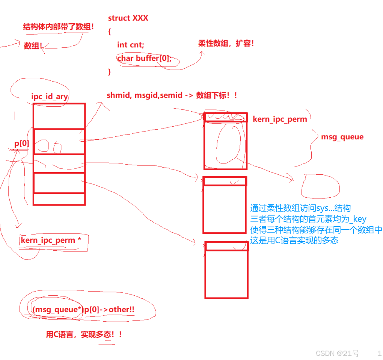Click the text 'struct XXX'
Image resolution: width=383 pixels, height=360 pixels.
(x=128, y=18)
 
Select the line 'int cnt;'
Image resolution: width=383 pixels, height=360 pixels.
(x=130, y=45)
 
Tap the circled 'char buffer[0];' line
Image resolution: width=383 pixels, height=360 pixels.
(x=144, y=58)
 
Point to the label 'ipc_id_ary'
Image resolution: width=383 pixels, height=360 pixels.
(x=50, y=97)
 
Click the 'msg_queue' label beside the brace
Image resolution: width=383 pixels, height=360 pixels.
(x=342, y=137)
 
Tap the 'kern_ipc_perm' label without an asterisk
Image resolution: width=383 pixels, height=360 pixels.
(x=280, y=119)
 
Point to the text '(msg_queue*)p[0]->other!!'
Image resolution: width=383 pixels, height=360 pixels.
(x=83, y=310)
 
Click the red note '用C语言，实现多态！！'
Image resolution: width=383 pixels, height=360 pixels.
(x=84, y=334)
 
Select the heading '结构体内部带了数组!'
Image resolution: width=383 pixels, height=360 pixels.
(x=58, y=27)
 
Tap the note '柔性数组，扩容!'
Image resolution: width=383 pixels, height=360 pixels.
(x=226, y=43)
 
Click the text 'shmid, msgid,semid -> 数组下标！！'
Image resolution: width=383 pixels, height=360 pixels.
(x=172, y=95)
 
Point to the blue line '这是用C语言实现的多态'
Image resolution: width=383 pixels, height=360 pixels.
(x=294, y=241)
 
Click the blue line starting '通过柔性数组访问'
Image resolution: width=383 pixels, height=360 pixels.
(x=300, y=208)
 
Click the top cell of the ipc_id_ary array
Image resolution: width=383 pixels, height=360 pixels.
(x=59, y=116)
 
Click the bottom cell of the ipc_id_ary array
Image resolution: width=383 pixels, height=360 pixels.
(x=59, y=199)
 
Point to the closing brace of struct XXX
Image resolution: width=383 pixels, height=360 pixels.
(x=110, y=71)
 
